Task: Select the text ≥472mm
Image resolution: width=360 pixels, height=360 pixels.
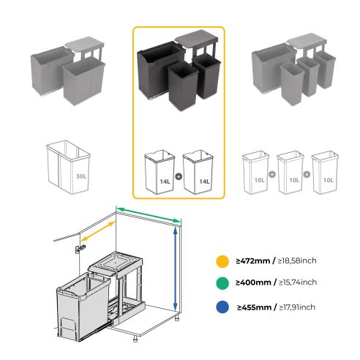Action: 254,260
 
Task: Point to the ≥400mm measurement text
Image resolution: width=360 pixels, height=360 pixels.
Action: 254,282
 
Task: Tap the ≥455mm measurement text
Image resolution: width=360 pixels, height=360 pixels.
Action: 254,306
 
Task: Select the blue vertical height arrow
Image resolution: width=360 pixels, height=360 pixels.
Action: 175,269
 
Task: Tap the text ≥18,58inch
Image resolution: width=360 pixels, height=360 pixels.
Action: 298,260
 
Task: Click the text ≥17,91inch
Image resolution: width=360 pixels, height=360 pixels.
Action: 298,306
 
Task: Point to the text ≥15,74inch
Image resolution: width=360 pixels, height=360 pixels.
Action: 298,282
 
